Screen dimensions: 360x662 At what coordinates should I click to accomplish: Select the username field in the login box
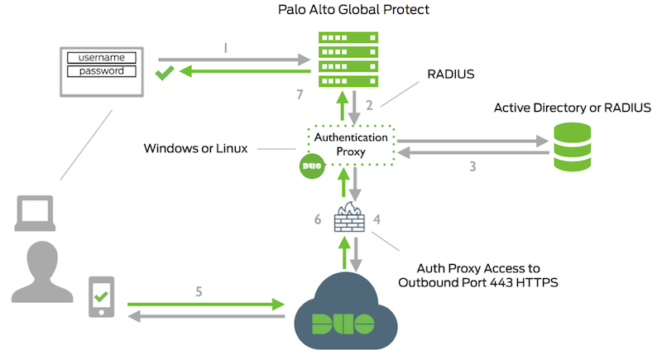click(x=101, y=57)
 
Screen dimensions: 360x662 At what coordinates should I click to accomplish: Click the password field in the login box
click(x=101, y=71)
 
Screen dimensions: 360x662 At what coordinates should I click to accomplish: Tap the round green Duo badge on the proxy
click(x=310, y=166)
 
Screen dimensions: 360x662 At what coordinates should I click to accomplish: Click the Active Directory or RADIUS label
click(x=573, y=108)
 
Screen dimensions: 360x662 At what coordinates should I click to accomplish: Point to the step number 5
click(x=199, y=290)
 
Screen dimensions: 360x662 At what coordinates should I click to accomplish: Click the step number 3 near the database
click(x=473, y=166)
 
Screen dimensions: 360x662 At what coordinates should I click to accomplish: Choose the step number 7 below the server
click(x=300, y=96)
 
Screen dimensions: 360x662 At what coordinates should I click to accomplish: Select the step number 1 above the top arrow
click(x=225, y=49)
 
